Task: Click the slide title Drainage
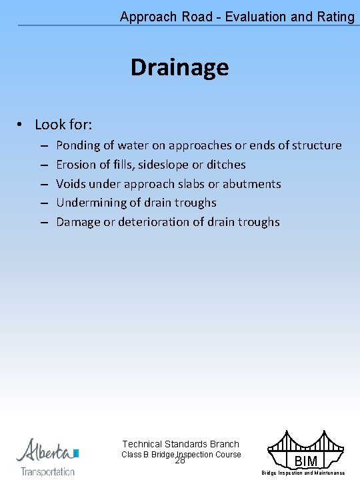tap(179, 67)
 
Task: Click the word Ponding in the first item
tap(79, 145)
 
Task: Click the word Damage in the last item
tap(77, 222)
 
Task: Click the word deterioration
tap(154, 222)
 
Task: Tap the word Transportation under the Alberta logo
tap(47, 471)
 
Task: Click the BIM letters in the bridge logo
tap(306, 461)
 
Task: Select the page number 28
tap(179, 460)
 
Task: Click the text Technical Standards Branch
tap(181, 443)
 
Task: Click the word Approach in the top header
tap(148, 17)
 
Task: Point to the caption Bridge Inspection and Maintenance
tap(303, 473)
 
